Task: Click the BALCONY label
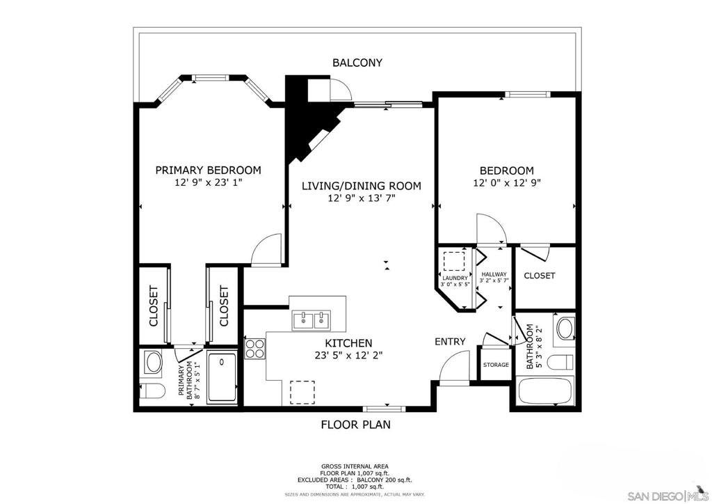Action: click(357, 63)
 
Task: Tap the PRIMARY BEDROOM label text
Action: click(209, 170)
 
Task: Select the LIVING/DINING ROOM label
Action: click(362, 186)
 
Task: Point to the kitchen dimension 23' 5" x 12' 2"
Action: click(349, 356)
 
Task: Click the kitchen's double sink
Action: click(311, 320)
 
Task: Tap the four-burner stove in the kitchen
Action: click(254, 349)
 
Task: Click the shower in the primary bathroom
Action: click(222, 378)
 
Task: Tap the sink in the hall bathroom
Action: click(565, 329)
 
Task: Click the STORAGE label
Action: click(496, 365)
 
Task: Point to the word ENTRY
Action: click(450, 342)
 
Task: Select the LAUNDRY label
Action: click(455, 278)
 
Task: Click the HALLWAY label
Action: click(494, 274)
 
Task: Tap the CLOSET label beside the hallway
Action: click(540, 276)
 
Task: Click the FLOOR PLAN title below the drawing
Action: click(355, 425)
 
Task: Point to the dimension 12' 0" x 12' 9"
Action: click(507, 183)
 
